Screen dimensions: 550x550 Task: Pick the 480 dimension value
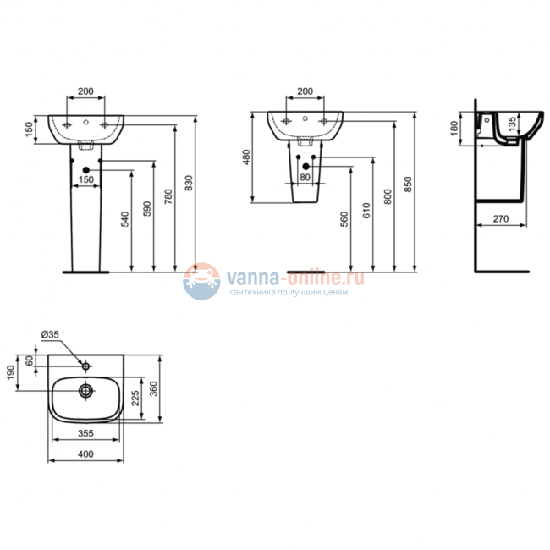point(247,158)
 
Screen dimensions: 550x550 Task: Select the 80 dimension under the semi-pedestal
point(305,178)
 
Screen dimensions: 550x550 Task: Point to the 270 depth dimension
point(501,219)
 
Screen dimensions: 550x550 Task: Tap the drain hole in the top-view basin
point(85,391)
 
